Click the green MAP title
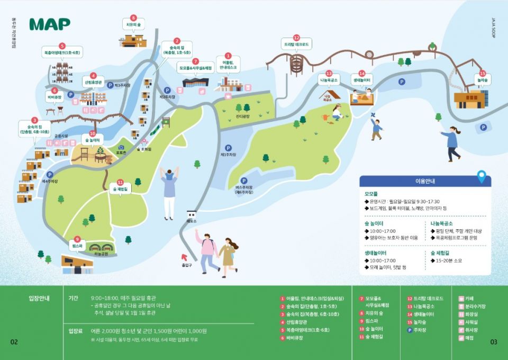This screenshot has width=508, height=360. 50,24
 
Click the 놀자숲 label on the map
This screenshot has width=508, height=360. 482,80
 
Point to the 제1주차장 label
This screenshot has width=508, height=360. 228,155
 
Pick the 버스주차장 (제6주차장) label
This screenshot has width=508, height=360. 244,190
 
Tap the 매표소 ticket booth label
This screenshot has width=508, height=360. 192,221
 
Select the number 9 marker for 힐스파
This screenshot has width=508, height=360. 77,239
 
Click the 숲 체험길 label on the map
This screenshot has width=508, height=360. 120,189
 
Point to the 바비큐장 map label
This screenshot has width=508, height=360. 55,98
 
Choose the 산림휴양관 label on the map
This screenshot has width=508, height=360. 93,83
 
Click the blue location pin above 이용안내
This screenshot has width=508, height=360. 481,176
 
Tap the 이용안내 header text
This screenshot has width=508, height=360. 425,181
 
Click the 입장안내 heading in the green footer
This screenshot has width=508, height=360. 39,298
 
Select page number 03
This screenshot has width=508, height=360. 494,342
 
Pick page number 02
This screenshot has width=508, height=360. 14,342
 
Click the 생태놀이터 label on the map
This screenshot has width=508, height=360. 362,80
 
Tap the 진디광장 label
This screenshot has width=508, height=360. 242,116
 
